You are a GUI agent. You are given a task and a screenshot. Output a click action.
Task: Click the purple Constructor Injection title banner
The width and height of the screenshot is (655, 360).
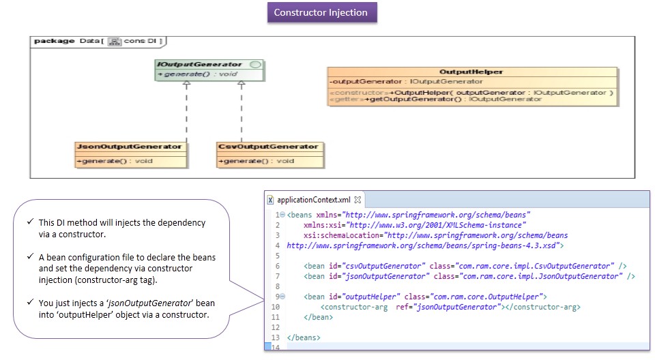pos(321,12)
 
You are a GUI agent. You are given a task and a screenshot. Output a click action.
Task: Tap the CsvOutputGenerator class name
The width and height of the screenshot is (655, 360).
pos(269,147)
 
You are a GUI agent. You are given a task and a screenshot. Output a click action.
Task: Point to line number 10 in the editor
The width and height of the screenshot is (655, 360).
pos(275,307)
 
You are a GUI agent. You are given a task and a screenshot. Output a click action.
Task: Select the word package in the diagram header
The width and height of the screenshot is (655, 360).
pos(54,41)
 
